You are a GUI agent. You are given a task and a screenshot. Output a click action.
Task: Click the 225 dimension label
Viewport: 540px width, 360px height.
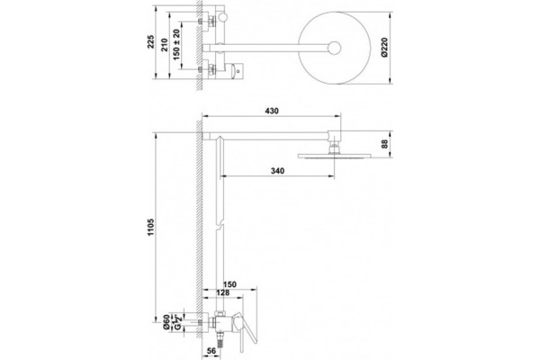151,41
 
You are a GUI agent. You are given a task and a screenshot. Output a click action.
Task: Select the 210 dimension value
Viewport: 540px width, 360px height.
165,45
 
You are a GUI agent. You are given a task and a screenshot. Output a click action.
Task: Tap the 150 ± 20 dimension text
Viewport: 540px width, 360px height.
176,45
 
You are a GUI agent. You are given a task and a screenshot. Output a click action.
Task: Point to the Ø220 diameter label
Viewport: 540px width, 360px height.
384,47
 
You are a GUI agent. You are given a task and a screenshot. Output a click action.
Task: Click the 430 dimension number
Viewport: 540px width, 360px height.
272,111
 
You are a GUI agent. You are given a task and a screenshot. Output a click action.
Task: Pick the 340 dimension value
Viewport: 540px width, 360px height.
277,170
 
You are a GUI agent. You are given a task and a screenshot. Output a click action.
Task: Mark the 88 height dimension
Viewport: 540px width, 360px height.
385,144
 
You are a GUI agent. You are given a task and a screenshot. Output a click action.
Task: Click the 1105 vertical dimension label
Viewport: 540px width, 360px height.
151,227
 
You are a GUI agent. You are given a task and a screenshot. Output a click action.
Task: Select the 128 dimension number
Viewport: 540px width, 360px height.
222,292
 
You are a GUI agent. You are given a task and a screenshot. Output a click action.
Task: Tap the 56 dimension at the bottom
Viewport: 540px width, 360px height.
211,350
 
